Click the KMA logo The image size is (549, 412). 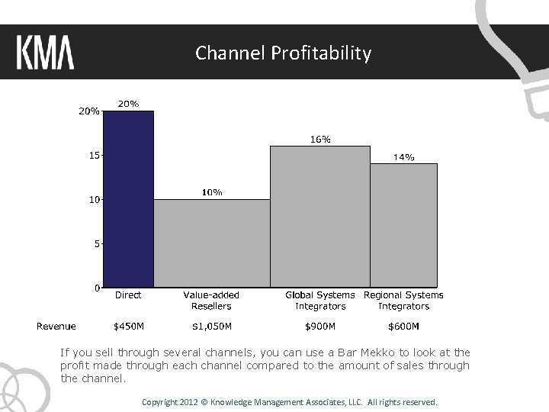pyautogui.click(x=45, y=53)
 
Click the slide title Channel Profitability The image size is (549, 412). pyautogui.click(x=283, y=53)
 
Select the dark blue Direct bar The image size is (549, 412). pyautogui.click(x=129, y=199)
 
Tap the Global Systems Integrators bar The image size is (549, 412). pyautogui.click(x=320, y=217)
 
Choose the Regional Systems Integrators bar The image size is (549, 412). pyautogui.click(x=403, y=225)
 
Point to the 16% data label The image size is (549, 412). pyautogui.click(x=320, y=140)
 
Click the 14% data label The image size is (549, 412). pyautogui.click(x=403, y=157)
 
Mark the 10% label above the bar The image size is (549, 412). pyautogui.click(x=212, y=192)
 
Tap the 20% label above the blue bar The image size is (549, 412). pyautogui.click(x=128, y=104)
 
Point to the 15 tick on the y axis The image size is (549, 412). pyautogui.click(x=93, y=155)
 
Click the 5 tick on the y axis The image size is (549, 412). pyautogui.click(x=96, y=244)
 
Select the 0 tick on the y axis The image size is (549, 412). pyautogui.click(x=96, y=288)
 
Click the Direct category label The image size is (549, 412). pyautogui.click(x=128, y=295)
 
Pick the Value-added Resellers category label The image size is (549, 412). pyautogui.click(x=211, y=301)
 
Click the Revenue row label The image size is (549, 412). pyautogui.click(x=56, y=327)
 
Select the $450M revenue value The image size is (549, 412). pyautogui.click(x=129, y=327)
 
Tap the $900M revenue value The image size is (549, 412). pyautogui.click(x=320, y=327)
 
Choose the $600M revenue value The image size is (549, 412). pyautogui.click(x=403, y=327)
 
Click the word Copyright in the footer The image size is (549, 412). pyautogui.click(x=159, y=401)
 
